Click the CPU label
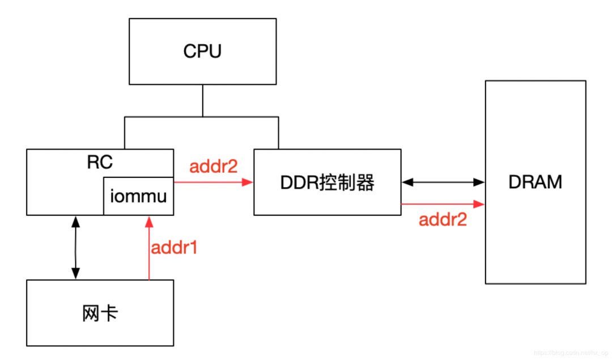click(x=202, y=51)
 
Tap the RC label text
click(x=100, y=162)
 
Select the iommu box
click(x=138, y=196)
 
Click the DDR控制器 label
click(x=328, y=183)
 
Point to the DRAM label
click(x=535, y=182)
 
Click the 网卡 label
click(x=100, y=312)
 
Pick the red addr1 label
click(x=174, y=248)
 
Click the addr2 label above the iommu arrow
click(x=213, y=167)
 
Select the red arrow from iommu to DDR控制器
click(x=213, y=183)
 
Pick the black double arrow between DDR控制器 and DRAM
click(x=443, y=183)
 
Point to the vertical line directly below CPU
click(x=202, y=100)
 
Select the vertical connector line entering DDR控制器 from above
click(x=278, y=133)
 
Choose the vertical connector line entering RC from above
click(x=125, y=133)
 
